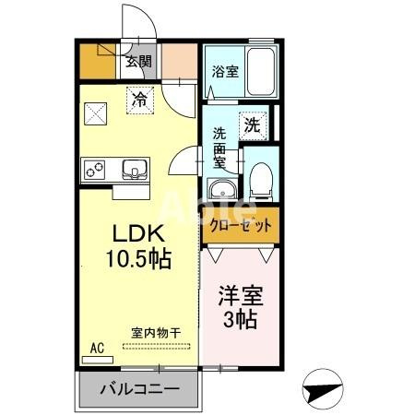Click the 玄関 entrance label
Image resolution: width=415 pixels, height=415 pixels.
pyautogui.click(x=140, y=63)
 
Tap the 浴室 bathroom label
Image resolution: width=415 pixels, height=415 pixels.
pyautogui.click(x=223, y=70)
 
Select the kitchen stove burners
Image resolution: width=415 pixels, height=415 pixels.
pyautogui.click(x=95, y=170)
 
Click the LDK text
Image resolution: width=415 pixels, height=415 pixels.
pyautogui.click(x=138, y=232)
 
